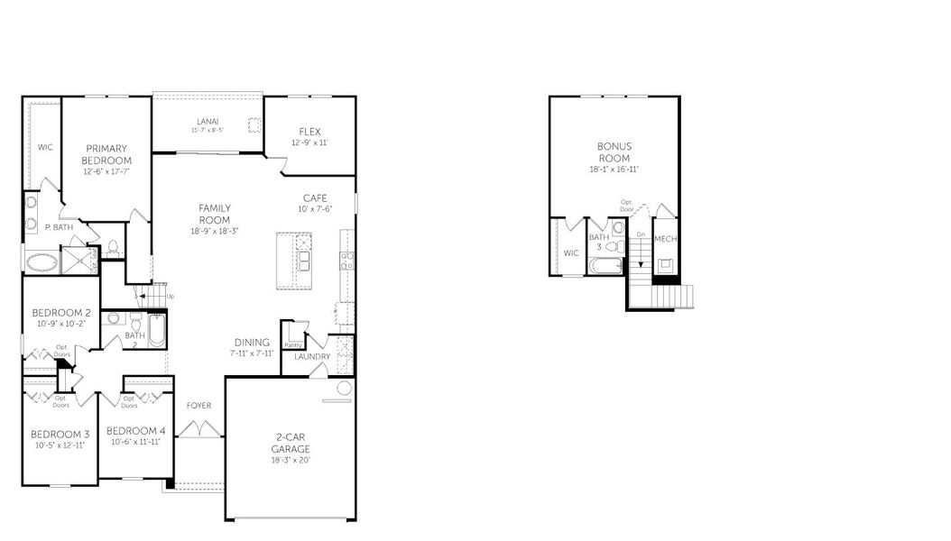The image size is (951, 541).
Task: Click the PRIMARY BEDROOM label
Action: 106,154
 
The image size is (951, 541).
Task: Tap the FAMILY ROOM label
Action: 215,214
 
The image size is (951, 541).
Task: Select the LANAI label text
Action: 207,122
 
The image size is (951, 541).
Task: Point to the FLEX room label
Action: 309,132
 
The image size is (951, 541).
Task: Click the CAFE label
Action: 315,198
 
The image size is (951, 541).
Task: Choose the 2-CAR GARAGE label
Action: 291,443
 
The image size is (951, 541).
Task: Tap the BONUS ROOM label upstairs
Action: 614,151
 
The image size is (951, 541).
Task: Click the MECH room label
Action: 665,239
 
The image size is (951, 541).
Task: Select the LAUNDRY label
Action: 312,356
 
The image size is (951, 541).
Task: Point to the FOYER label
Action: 199,406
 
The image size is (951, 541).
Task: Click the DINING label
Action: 252,343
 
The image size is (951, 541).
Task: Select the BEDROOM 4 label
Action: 135,431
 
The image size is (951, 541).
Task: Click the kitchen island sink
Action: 304,261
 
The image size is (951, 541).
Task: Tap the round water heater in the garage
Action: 344,389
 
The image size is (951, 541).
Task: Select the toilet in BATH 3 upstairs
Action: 611,245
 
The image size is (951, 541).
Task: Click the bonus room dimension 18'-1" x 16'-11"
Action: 614,169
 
